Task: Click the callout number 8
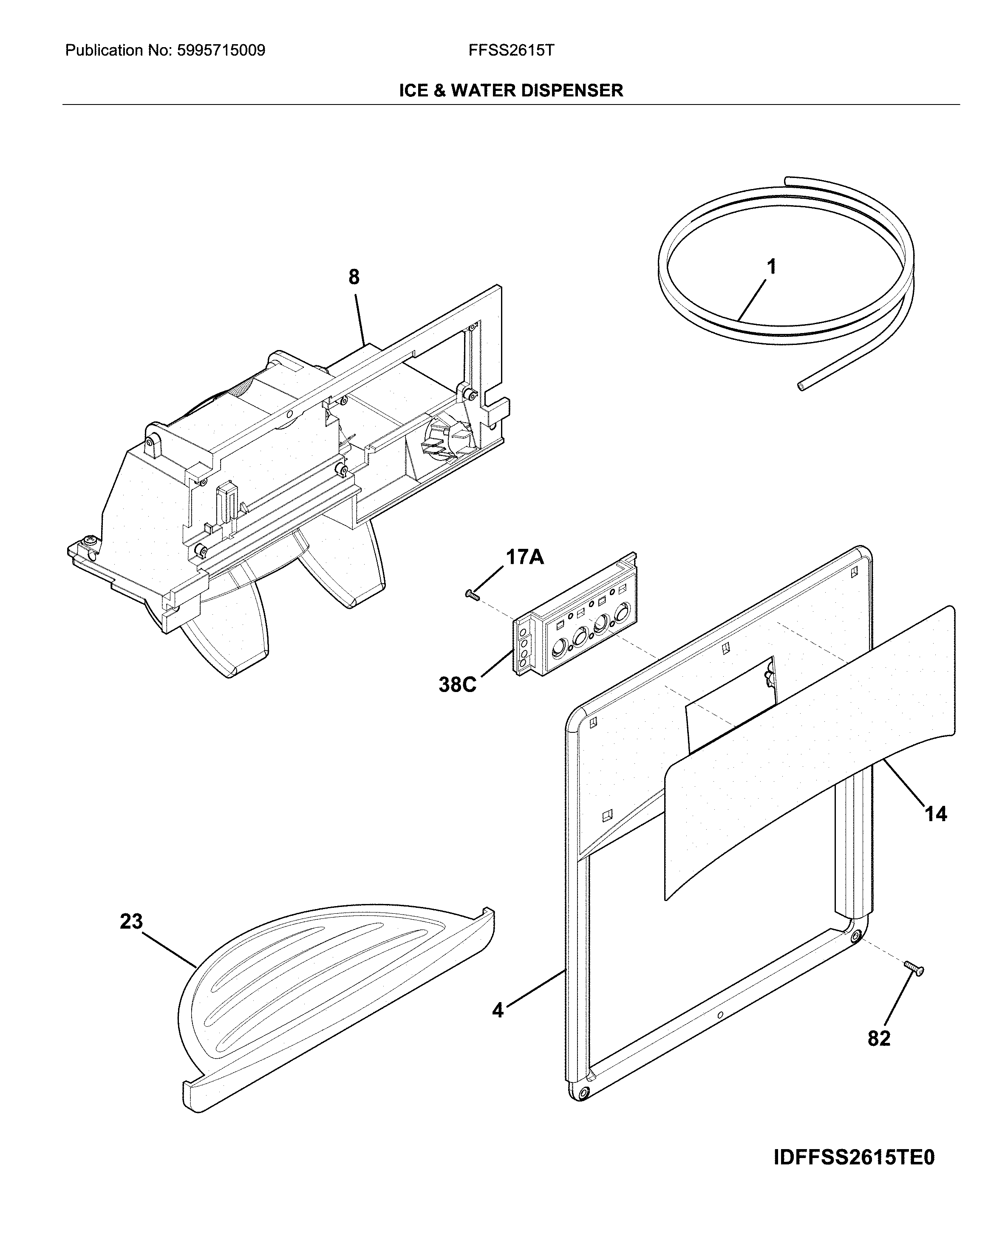click(354, 277)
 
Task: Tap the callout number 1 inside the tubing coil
click(771, 267)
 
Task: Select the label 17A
click(524, 557)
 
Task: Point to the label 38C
click(457, 684)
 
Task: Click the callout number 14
click(936, 814)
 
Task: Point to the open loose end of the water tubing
click(802, 385)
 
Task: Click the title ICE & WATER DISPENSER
click(510, 90)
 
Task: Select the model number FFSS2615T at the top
click(511, 51)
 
